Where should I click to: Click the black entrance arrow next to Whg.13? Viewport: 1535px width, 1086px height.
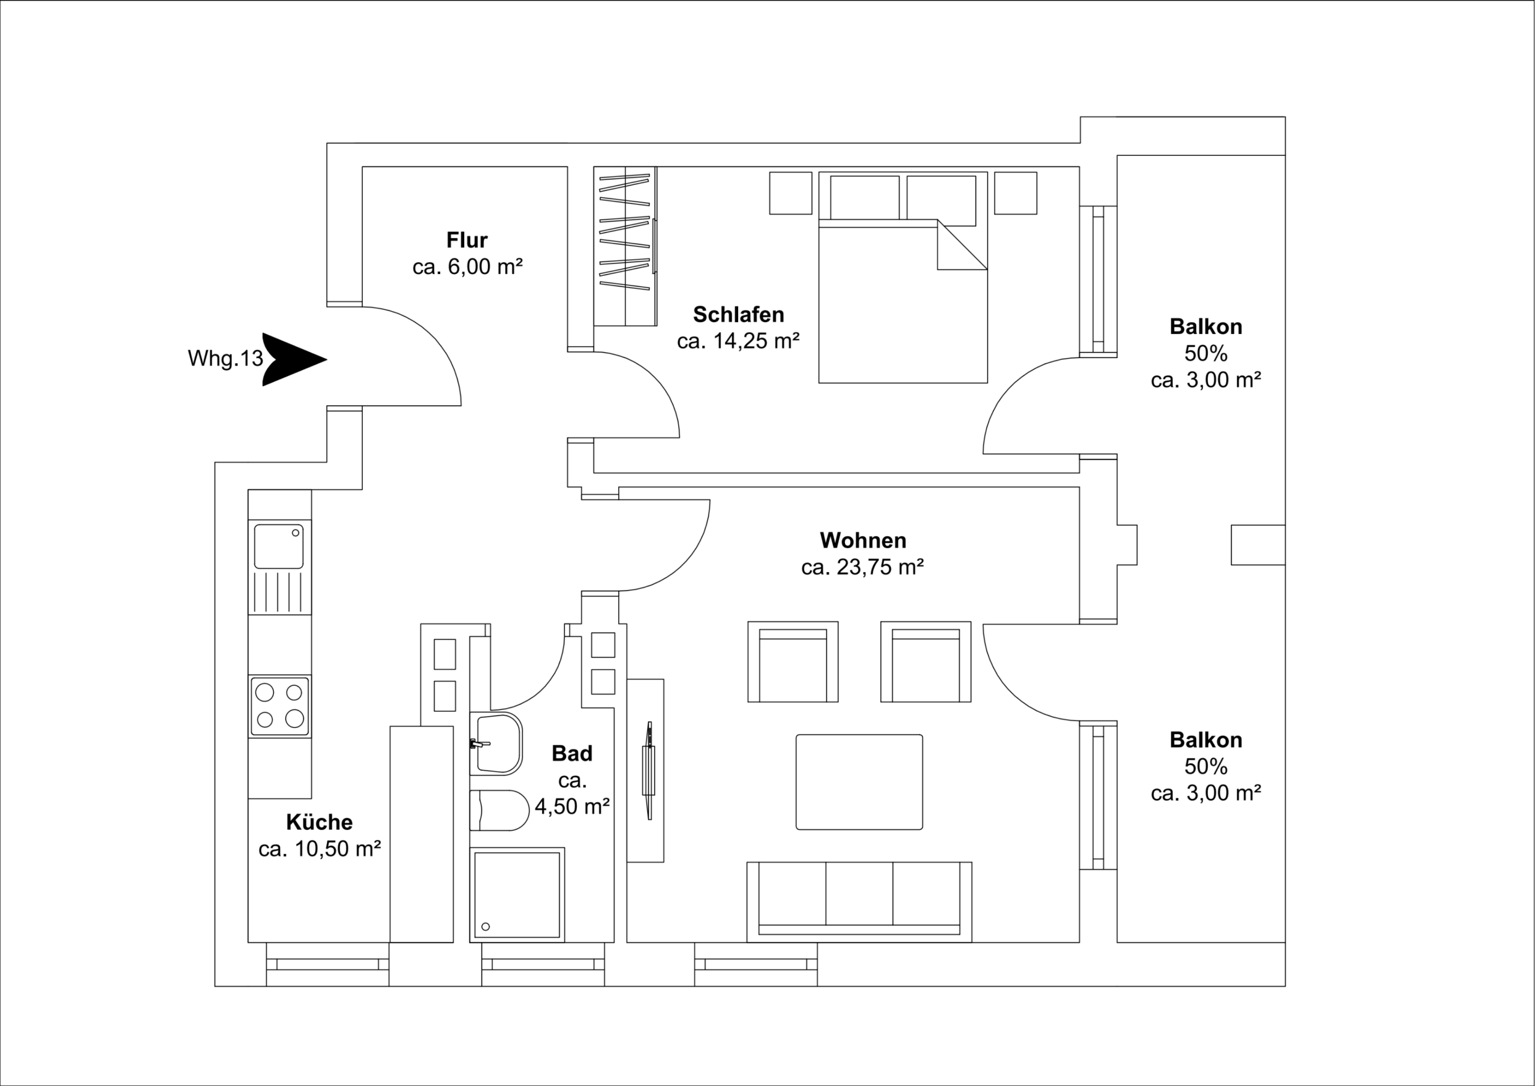[291, 359]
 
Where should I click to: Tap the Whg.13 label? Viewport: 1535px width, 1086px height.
[225, 359]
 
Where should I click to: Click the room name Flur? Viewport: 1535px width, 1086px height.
[466, 240]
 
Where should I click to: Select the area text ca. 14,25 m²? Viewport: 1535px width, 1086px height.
[738, 341]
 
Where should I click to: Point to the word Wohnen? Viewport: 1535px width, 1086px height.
[862, 540]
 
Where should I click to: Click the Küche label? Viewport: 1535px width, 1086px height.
[319, 822]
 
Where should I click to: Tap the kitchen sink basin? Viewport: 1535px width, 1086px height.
[279, 546]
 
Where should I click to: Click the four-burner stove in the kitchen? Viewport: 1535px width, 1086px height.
[279, 706]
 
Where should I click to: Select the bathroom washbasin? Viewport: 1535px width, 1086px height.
[498, 744]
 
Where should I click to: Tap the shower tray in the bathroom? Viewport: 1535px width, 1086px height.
[517, 894]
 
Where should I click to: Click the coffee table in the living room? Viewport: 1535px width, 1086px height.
[859, 782]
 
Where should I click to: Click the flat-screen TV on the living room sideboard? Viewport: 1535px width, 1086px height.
[648, 771]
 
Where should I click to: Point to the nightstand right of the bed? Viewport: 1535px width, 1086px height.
[1015, 193]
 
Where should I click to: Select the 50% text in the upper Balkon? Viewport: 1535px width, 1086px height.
[1205, 353]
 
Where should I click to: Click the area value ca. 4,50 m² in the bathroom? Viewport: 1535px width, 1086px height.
[572, 807]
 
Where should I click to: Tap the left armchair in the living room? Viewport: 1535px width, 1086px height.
[792, 662]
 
